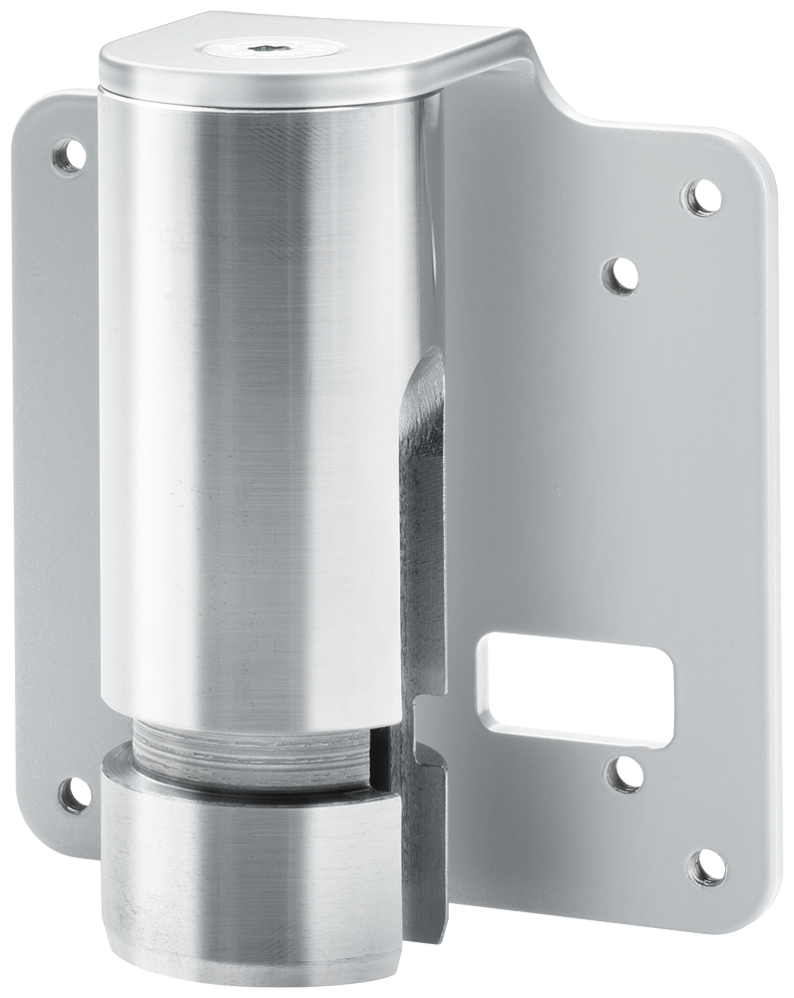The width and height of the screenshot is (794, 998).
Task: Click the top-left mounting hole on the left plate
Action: (67, 156)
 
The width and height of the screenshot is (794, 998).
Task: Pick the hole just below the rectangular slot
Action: (624, 774)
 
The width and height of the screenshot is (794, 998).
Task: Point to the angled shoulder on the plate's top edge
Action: (559, 95)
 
